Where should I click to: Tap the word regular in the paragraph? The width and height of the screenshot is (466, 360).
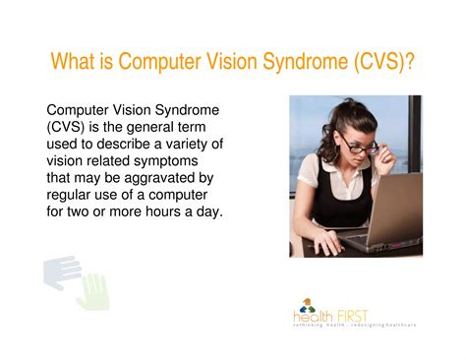click(x=74, y=195)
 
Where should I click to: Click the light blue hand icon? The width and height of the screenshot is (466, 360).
click(x=61, y=272)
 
